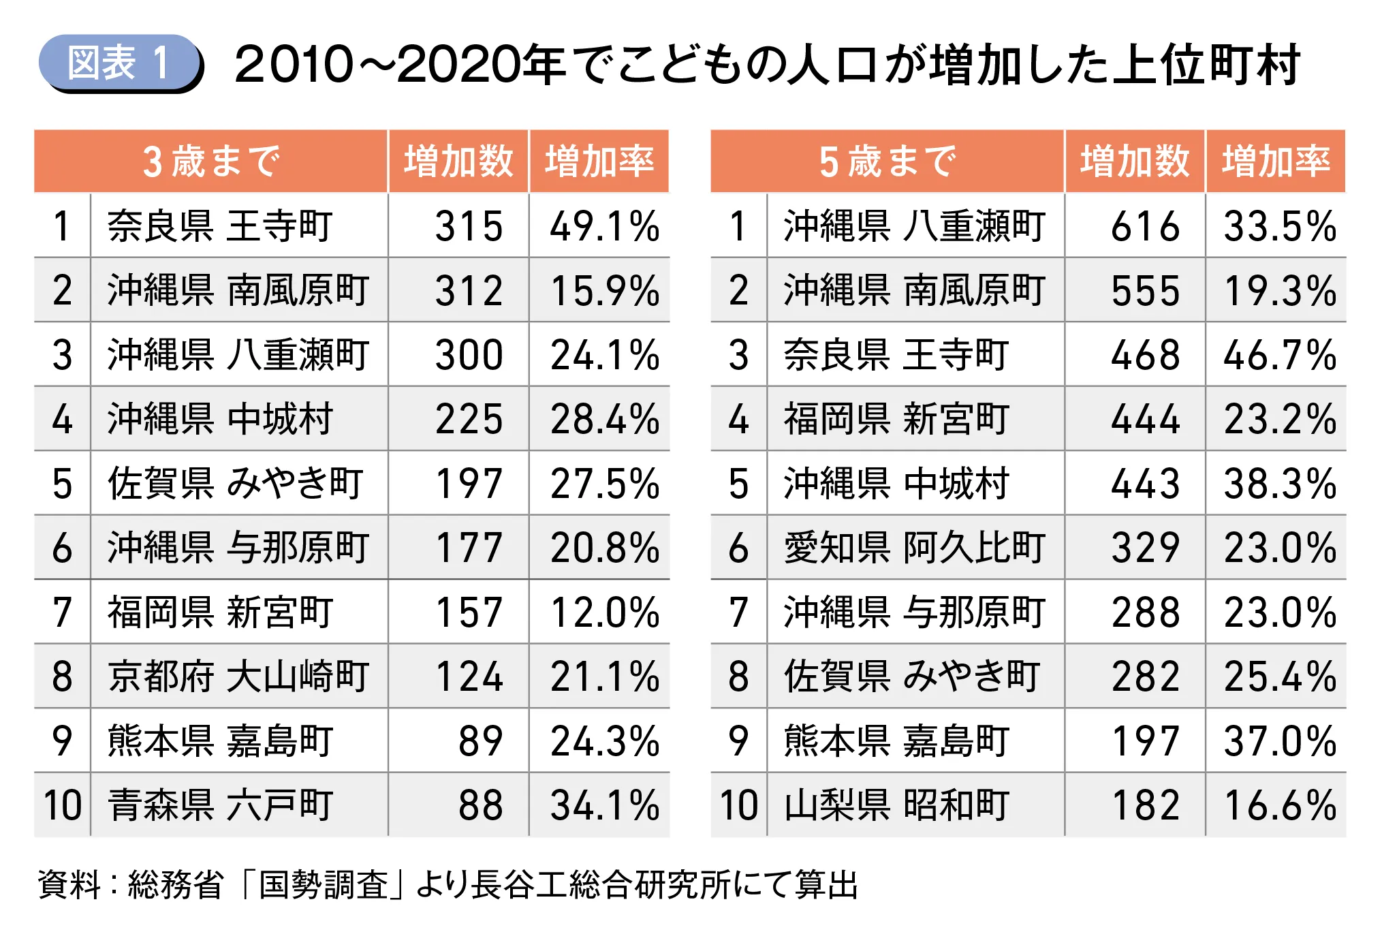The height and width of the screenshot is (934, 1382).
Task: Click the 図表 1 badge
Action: (120, 63)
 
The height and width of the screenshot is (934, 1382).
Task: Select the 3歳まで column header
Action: (211, 161)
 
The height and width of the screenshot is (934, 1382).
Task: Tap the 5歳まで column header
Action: (888, 161)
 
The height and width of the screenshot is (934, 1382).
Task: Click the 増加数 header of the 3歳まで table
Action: (458, 161)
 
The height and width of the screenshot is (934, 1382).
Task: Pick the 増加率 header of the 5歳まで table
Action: (1276, 161)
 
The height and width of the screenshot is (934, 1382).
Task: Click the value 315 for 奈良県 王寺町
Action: (469, 226)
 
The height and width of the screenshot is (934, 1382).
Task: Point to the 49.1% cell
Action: (604, 226)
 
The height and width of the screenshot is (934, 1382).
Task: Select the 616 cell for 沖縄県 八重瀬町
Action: (1145, 226)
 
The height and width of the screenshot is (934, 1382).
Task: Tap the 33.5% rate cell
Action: (1279, 226)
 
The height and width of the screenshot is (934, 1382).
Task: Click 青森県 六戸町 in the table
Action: (221, 805)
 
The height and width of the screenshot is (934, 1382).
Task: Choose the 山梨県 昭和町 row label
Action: (896, 805)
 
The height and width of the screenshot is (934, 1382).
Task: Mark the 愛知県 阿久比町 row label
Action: (914, 548)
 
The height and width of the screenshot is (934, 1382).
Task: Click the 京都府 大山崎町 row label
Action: (238, 676)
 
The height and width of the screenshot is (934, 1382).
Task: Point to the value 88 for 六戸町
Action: (480, 805)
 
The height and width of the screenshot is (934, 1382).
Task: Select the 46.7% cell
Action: (1279, 355)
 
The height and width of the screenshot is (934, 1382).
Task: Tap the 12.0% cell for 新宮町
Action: (604, 612)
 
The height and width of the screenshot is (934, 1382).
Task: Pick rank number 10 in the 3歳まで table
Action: (62, 805)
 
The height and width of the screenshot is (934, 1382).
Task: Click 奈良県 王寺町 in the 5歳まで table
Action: (896, 355)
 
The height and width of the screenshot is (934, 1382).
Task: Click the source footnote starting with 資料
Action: (447, 884)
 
